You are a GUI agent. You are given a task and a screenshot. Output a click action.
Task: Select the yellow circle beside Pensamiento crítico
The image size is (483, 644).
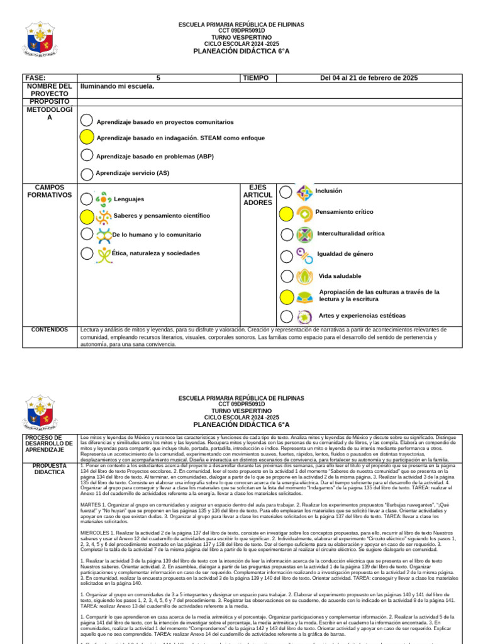click(286, 214)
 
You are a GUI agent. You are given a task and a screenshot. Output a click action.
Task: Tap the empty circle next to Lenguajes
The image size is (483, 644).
click(87, 199)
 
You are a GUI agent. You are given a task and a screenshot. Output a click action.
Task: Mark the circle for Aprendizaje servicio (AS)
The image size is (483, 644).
click(87, 174)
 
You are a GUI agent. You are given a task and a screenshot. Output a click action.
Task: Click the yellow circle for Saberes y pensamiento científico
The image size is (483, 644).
click(87, 217)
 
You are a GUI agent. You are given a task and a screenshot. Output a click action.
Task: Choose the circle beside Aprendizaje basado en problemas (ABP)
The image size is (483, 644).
click(87, 155)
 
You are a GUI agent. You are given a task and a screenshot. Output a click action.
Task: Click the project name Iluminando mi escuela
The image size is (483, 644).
click(118, 86)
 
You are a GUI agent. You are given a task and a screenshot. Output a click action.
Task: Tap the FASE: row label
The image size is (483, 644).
click(36, 78)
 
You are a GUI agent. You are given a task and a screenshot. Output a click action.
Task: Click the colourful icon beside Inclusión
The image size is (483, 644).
click(304, 192)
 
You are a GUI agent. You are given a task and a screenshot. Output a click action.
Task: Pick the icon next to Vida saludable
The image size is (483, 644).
click(304, 276)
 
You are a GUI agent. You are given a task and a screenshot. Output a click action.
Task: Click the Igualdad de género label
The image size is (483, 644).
click(345, 254)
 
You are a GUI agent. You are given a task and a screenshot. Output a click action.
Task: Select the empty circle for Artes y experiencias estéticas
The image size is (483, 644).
click(286, 316)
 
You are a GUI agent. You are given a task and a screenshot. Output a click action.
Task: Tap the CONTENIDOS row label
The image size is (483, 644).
click(49, 330)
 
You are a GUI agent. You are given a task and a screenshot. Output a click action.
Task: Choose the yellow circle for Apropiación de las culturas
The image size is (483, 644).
click(286, 297)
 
